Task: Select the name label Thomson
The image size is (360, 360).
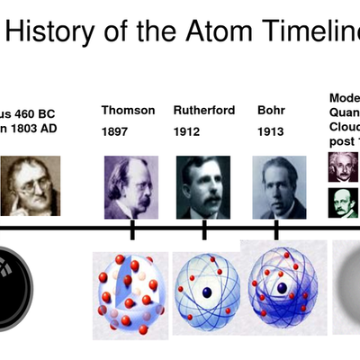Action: (x=128, y=111)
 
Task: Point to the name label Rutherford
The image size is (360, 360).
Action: (x=204, y=111)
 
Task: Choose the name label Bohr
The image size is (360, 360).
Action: (x=271, y=111)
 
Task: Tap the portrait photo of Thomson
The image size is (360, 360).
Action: (x=130, y=187)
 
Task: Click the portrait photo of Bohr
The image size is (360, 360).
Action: (x=279, y=187)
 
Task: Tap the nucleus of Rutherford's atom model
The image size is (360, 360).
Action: (x=208, y=292)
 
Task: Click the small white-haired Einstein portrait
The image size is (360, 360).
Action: (x=342, y=167)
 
